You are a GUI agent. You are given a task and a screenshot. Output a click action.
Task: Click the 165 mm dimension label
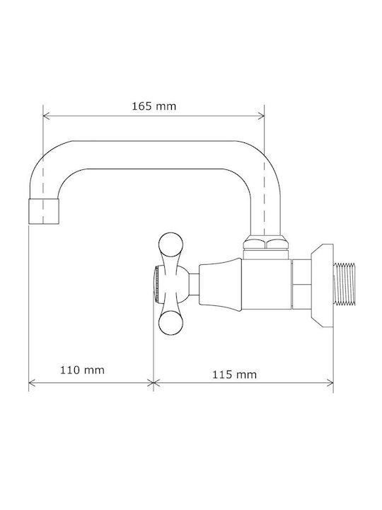(154, 106)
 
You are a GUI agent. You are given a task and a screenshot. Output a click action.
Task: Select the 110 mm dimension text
(82, 370)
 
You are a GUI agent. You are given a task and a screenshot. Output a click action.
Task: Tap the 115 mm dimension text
(234, 375)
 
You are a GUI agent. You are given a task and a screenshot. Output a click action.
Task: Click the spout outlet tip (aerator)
(44, 211)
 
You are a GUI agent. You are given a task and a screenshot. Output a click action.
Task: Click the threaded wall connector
(345, 284)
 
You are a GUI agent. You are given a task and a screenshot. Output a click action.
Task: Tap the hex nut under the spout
(266, 243)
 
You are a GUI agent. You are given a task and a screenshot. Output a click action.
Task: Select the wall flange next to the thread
(322, 285)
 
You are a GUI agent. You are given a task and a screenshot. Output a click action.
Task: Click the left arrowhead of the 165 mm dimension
(46, 115)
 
